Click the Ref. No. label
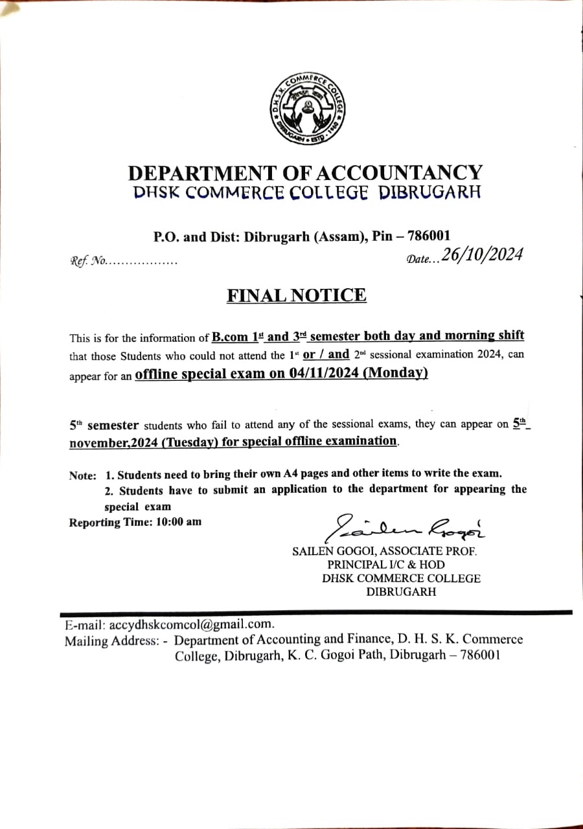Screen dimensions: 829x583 click(88, 262)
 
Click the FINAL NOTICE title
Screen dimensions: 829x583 click(296, 295)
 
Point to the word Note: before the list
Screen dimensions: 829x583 click(82, 475)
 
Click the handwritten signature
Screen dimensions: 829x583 click(408, 528)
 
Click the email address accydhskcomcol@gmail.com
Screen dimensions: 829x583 click(192, 625)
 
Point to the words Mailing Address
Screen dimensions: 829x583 click(111, 641)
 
